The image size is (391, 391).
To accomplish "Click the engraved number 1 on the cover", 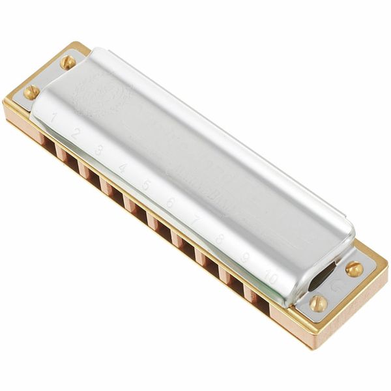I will point(53,118).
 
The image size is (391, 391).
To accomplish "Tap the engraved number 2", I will point(76,134).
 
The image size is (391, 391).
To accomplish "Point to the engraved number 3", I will point(98,150).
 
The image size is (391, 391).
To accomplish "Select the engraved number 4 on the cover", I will point(122,167).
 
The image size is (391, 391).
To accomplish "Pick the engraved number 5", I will point(145,185).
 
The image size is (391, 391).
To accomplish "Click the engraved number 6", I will point(169,203).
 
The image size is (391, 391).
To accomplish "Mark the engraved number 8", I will point(219,239).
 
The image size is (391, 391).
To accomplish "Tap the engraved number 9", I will point(244,257).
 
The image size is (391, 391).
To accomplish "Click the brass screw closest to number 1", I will point(31,92).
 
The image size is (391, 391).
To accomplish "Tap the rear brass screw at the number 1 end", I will point(68,62).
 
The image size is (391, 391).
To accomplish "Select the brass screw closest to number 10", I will point(317,303).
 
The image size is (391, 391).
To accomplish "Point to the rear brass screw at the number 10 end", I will point(354,268).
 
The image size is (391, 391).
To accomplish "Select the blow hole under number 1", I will point(45,143).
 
